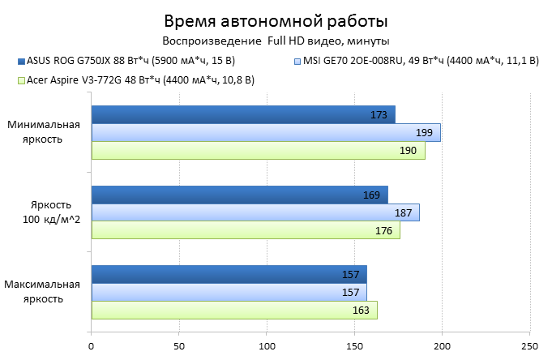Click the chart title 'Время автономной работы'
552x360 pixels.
click(x=276, y=20)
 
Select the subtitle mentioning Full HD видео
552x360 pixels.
click(x=276, y=40)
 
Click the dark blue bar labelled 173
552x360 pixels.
click(x=243, y=114)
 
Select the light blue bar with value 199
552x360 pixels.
click(x=265, y=132)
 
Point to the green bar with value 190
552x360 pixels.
click(x=258, y=150)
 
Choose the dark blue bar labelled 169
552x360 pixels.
click(x=239, y=195)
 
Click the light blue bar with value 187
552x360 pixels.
click(x=255, y=212)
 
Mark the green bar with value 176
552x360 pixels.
click(x=246, y=230)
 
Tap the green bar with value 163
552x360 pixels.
click(x=234, y=310)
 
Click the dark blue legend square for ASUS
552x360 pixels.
click(x=19, y=61)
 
